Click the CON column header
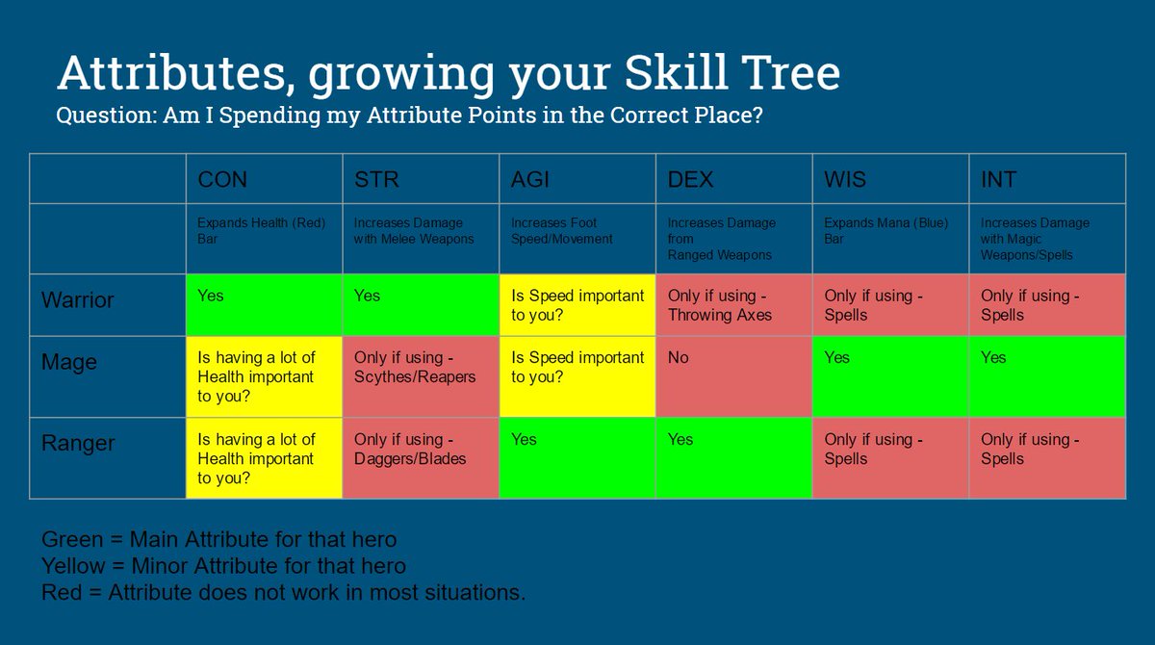click(222, 180)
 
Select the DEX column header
click(690, 180)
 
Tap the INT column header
click(999, 180)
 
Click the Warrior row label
click(77, 299)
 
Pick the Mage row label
click(69, 362)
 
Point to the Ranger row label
click(78, 443)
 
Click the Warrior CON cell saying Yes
click(264, 304)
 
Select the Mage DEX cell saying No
click(733, 375)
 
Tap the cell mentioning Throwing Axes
click(733, 304)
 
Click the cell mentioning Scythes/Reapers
click(420, 375)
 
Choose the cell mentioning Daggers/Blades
click(420, 457)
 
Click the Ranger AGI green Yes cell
click(577, 457)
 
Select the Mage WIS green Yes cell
click(890, 375)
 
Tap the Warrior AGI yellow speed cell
click(577, 304)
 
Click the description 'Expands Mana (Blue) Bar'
click(885, 230)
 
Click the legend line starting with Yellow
click(223, 565)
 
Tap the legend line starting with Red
click(283, 592)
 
